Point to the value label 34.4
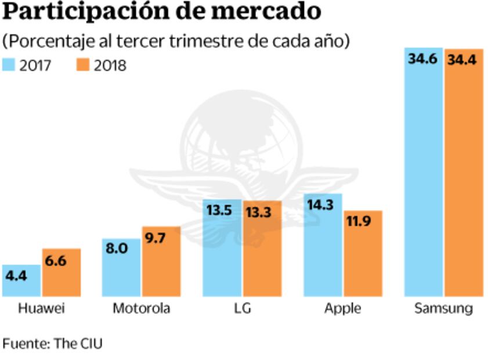point(463,59)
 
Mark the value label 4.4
point(16,276)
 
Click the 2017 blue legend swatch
point(10,65)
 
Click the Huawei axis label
point(41,308)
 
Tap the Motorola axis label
point(142,308)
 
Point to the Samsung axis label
point(443,308)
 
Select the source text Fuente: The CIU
point(52,343)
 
